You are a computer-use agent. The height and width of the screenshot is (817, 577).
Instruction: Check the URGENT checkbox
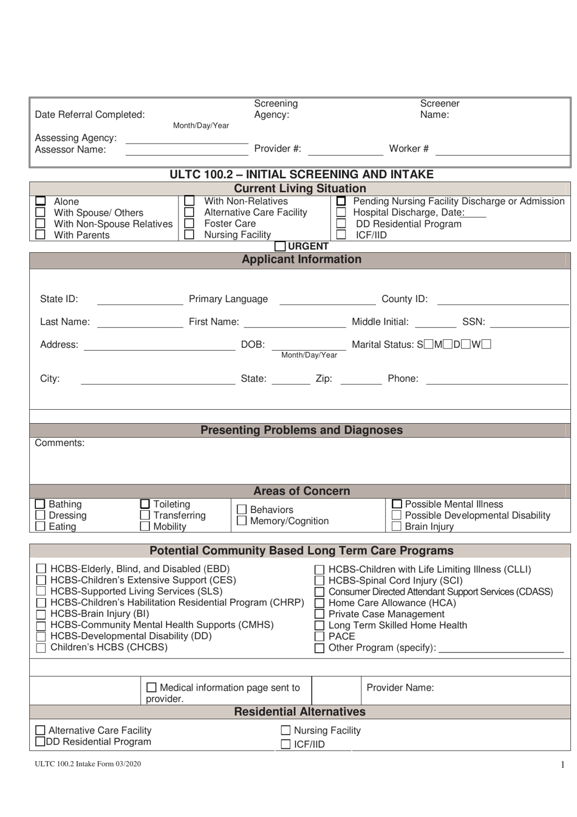pos(280,246)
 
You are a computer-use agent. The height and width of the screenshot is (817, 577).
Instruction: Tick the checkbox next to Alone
pos(40,201)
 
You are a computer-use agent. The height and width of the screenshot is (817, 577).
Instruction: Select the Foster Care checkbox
pos(189,224)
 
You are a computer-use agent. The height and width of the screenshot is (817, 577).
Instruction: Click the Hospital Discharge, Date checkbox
pos(341,212)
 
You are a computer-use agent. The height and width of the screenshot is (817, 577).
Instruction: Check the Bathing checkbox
pos(40,504)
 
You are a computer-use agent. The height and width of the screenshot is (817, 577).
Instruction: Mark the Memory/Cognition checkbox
pos(242,521)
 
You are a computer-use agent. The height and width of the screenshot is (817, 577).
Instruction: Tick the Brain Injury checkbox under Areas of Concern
pos(397,526)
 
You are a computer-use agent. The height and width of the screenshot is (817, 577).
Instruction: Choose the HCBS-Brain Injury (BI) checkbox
pos(41,614)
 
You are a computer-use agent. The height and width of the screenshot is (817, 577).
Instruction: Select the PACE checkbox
pos(319,636)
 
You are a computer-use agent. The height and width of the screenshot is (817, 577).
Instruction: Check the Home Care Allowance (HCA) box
pos(319,603)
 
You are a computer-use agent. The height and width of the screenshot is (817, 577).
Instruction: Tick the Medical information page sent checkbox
pos(152,688)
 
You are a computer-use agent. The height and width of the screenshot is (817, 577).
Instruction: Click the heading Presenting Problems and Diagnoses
pos(301,430)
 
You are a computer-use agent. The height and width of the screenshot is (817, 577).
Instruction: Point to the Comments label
pos(60,443)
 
